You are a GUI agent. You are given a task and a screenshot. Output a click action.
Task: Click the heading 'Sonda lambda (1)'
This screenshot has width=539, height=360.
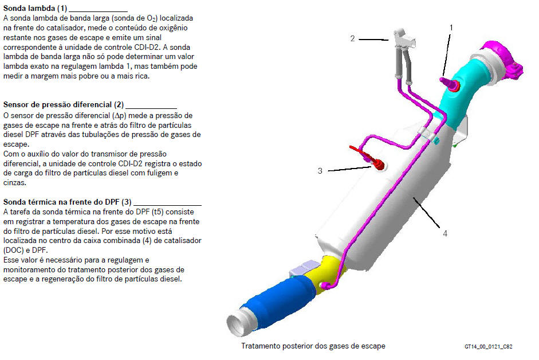35,8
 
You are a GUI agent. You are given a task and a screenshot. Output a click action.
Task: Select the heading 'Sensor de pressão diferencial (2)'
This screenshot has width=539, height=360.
64,105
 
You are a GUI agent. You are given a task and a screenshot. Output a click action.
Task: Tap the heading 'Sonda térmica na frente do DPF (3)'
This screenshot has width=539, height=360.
68,202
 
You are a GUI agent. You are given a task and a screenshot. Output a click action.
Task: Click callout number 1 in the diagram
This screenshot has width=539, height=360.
451,28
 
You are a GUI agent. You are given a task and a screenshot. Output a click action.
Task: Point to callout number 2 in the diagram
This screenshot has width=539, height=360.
352,38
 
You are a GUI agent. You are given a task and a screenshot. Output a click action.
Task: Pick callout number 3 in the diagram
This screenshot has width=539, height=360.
320,171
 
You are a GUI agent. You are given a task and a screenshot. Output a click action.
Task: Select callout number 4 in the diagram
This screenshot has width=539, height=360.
445,234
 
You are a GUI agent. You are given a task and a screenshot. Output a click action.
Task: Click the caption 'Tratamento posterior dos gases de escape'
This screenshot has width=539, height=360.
313,346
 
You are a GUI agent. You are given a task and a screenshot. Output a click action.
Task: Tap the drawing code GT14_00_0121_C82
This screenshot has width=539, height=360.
488,347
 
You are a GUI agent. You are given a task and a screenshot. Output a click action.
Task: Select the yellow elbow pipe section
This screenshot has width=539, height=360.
325,272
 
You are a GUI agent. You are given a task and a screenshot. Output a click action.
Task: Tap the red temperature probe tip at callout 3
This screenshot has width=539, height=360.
379,165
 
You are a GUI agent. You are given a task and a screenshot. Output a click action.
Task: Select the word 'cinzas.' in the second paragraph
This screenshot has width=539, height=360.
15,183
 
